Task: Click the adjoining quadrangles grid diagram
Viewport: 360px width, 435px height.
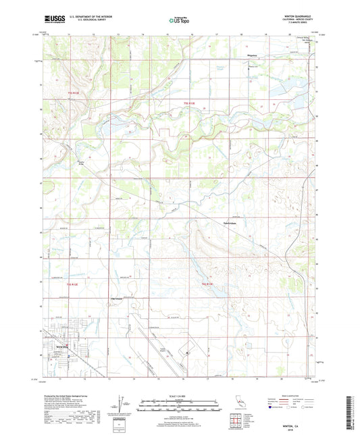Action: [237, 420]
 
